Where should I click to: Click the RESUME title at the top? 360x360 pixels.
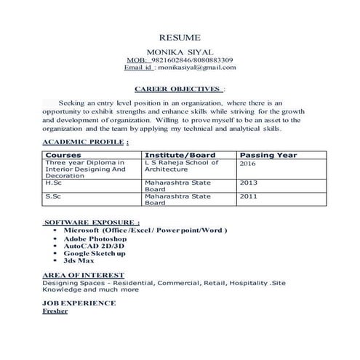click(x=180, y=37)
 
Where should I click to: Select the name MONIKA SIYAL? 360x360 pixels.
click(x=180, y=51)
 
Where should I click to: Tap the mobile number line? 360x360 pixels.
click(x=180, y=60)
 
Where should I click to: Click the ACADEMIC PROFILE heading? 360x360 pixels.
click(x=86, y=141)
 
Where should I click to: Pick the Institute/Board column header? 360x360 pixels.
click(x=180, y=155)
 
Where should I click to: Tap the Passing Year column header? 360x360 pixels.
click(x=268, y=155)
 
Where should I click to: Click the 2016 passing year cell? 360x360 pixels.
click(x=249, y=164)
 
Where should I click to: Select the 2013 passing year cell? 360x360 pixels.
click(x=249, y=183)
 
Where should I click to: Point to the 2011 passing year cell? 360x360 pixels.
click(x=249, y=196)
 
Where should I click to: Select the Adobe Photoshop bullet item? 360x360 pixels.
click(x=95, y=238)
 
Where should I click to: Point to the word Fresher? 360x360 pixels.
click(x=55, y=311)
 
